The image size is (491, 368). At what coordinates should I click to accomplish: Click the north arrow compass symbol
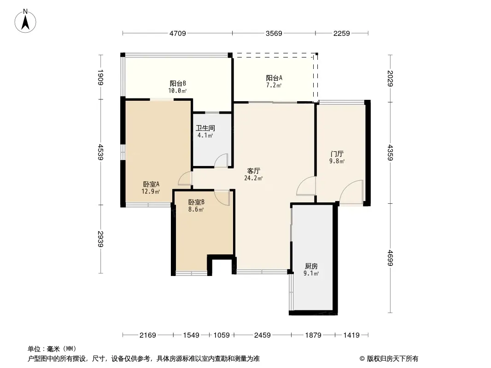[26, 20]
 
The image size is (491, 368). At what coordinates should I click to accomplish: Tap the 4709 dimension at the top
[177, 33]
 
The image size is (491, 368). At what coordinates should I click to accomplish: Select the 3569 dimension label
[274, 33]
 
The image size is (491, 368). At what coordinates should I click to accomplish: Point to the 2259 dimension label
[342, 33]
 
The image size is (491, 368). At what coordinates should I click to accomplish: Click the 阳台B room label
[178, 84]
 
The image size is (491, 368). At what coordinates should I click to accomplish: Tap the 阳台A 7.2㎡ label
[274, 81]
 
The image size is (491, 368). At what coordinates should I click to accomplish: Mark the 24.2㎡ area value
[254, 178]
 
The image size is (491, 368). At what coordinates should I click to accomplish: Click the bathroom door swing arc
[222, 160]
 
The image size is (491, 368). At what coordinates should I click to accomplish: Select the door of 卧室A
[186, 179]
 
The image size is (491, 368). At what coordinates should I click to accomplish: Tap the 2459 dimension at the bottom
[263, 335]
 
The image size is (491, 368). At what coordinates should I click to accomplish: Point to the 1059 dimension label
[222, 335]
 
